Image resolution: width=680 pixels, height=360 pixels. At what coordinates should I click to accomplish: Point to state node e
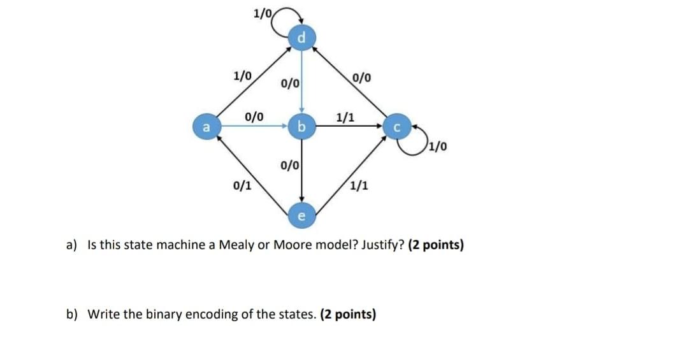(x=301, y=215)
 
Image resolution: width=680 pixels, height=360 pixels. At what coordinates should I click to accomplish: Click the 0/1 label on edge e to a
(x=242, y=186)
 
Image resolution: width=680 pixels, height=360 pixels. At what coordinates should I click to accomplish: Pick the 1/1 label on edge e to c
(x=358, y=186)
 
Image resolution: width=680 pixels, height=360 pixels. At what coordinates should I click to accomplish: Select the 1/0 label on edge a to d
(x=242, y=75)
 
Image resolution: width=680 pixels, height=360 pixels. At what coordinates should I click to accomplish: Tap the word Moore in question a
(x=292, y=245)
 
